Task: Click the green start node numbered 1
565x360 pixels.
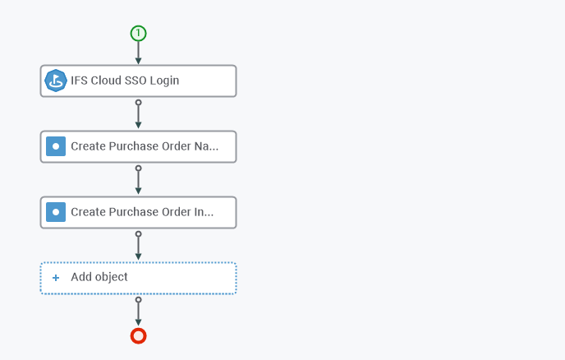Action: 138,34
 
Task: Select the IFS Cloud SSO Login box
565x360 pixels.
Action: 138,81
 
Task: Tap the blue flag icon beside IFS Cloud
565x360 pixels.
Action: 56,81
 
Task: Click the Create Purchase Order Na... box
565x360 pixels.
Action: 138,146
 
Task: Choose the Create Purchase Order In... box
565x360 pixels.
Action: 138,212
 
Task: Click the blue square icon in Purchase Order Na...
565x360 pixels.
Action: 56,146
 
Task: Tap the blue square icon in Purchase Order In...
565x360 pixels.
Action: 56,212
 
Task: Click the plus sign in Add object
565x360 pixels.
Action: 56,277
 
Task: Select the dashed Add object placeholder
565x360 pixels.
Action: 138,278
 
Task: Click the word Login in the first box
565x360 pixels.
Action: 164,81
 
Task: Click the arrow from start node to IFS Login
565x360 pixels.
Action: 138,53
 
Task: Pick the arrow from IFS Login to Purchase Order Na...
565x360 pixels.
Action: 138,114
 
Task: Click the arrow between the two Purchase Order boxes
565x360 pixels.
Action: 138,180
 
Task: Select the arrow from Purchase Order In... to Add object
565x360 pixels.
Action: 138,246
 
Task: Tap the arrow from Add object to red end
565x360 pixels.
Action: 138,312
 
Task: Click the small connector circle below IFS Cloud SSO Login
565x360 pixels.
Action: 138,103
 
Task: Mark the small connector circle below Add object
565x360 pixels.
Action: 138,299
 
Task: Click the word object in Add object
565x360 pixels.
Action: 112,277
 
